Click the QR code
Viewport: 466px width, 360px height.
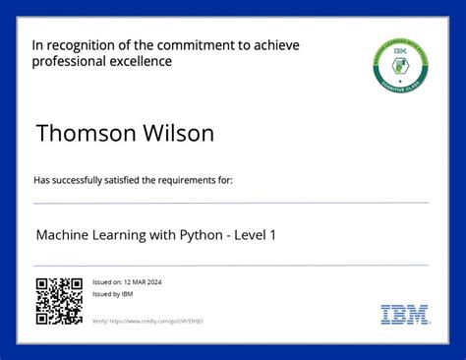59,301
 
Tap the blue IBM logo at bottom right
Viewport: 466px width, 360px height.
405,315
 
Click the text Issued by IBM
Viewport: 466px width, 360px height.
113,294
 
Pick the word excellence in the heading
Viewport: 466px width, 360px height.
141,61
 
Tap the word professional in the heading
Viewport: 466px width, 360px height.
70,61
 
